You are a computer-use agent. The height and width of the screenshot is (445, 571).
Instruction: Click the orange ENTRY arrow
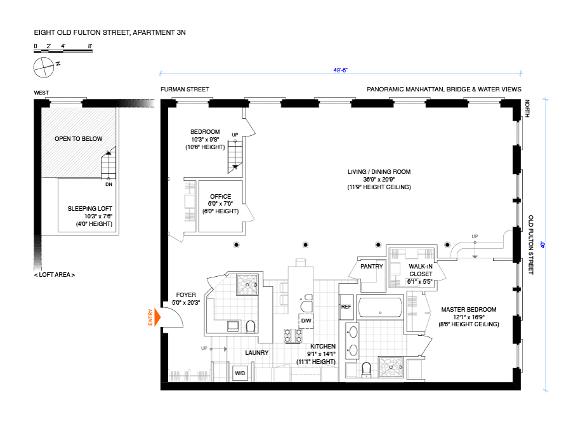point(158,317)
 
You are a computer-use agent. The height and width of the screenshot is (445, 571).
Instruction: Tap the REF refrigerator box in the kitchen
point(346,307)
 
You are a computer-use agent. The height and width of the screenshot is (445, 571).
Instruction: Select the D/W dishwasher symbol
point(306,321)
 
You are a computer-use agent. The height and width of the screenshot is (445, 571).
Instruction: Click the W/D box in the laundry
point(240,373)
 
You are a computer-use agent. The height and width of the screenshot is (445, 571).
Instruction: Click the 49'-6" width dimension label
point(341,70)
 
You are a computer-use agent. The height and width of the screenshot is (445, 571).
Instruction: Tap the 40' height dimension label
point(543,244)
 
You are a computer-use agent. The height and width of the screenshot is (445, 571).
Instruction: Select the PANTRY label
point(371,267)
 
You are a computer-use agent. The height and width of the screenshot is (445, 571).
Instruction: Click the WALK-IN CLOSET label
point(421,270)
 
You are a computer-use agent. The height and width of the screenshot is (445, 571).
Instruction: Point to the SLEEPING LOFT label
point(90,208)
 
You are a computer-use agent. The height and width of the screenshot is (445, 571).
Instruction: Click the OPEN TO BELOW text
point(78,139)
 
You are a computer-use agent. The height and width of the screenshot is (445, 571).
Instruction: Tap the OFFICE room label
point(220,196)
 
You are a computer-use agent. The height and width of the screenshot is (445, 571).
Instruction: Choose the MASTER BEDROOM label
point(469,309)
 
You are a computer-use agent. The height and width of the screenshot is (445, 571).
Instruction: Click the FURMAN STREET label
point(185,90)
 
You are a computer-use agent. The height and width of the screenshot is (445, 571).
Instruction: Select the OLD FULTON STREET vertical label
point(531,244)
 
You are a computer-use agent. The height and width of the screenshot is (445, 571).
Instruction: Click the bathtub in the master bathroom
point(380,308)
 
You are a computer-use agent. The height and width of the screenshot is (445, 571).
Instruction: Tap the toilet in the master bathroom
point(366,369)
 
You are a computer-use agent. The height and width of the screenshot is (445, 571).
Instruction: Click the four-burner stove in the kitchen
point(293,336)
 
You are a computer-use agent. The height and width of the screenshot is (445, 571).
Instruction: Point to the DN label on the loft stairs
point(109,185)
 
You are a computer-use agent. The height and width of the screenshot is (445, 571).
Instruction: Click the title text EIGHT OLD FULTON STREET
point(82,32)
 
